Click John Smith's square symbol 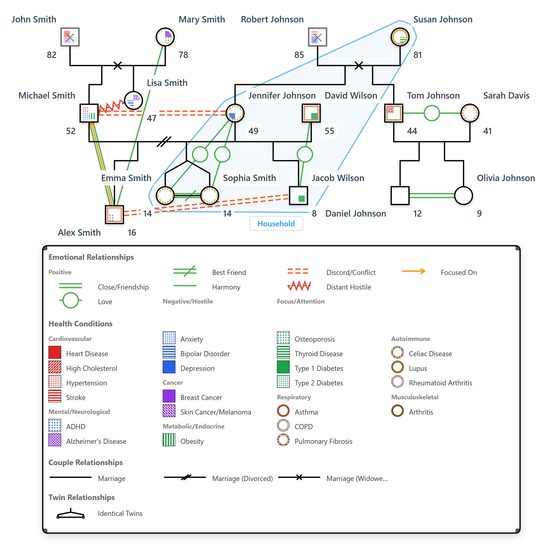click(70, 37)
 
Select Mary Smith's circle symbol click(165, 37)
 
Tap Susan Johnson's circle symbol click(400, 37)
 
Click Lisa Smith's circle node click(133, 100)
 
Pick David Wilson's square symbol click(311, 113)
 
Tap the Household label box click(276, 224)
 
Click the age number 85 click(299, 55)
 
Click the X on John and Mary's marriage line click(117, 66)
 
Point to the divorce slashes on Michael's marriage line click(164, 141)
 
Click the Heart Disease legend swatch click(55, 352)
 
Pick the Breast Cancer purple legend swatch click(169, 396)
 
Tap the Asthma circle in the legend click(283, 411)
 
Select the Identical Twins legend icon click(71, 514)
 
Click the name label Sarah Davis click(506, 96)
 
